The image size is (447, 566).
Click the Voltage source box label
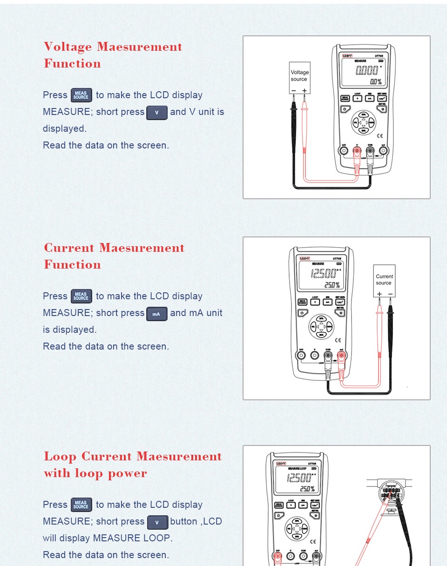[x=299, y=75]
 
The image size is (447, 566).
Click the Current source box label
[x=384, y=279]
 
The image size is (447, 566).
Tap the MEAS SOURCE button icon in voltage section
[x=81, y=95]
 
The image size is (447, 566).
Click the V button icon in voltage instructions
[x=157, y=113]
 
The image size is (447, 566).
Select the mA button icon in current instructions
[x=157, y=314]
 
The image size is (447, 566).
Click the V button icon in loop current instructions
[x=157, y=522]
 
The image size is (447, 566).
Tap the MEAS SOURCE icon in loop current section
[x=81, y=505]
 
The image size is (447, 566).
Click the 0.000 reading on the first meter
[x=367, y=71]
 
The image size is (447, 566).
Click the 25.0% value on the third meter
[x=307, y=489]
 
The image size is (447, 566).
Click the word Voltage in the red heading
[x=68, y=47]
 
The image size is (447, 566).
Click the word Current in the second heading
[x=69, y=248]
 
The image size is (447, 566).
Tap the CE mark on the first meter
[x=379, y=136]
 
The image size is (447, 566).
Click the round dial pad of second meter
[x=321, y=327]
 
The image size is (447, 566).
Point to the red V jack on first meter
[x=357, y=151]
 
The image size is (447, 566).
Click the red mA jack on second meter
[x=341, y=356]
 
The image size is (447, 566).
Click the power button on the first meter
[x=345, y=109]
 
